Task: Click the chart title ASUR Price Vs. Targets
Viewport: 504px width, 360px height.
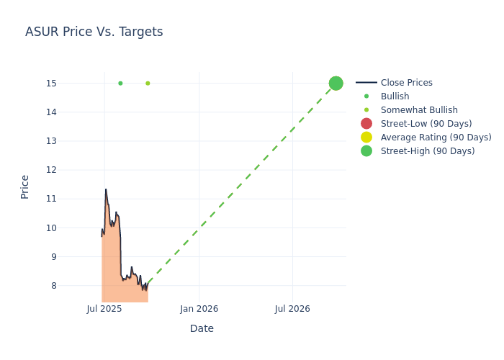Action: coord(94,32)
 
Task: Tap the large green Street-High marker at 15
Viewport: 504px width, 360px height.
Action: coord(336,84)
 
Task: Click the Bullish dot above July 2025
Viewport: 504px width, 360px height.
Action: coord(120,84)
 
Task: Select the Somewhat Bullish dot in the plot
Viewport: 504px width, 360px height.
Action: coord(148,84)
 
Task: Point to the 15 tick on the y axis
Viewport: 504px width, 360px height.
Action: coord(51,84)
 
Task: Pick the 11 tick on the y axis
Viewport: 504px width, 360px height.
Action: coord(51,199)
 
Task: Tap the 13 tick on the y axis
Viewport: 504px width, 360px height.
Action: coord(51,141)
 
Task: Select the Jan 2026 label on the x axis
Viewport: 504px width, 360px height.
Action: coord(199,309)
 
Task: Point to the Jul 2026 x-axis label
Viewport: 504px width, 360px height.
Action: coord(292,309)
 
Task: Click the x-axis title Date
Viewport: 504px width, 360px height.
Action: coord(202,328)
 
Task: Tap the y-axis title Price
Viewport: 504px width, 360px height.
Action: coord(25,186)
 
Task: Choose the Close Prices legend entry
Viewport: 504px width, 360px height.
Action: coord(406,83)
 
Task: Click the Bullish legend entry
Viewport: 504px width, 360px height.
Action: coord(395,96)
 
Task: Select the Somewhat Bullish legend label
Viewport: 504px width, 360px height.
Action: coord(419,110)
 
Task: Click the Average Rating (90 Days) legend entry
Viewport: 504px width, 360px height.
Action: coord(436,138)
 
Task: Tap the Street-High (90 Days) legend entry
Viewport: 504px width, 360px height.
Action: coord(428,151)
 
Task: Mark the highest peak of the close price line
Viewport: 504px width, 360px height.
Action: coord(106,189)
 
